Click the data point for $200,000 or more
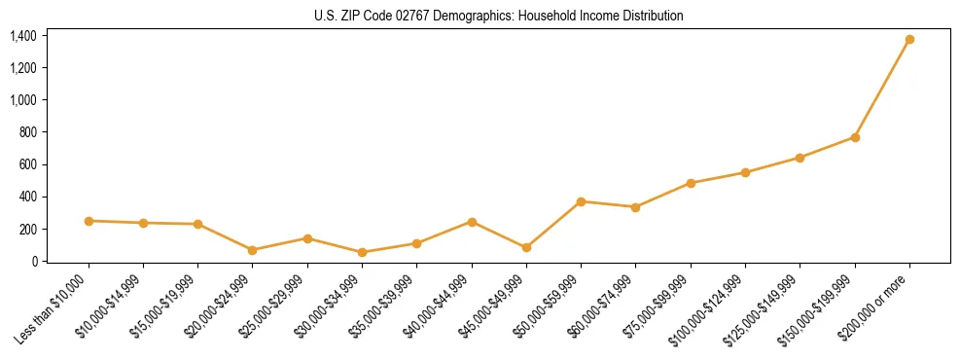coord(909,40)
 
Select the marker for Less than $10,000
coord(89,221)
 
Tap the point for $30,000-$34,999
coord(362,252)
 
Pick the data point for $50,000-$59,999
coord(581,201)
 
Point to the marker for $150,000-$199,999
coord(855,137)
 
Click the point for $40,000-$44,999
coord(472,222)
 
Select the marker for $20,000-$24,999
coord(253,250)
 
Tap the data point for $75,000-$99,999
coord(691,183)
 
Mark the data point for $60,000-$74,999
coord(635,207)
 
